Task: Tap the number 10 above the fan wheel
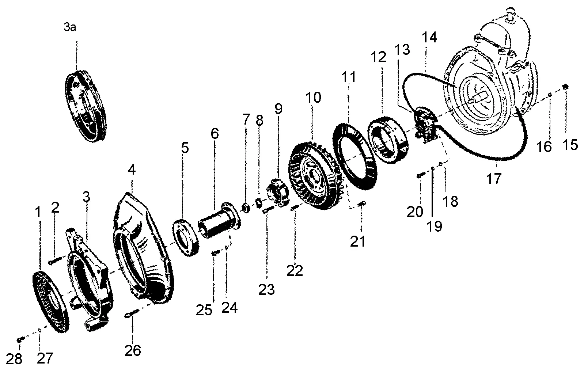tap(313, 98)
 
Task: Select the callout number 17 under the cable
tap(494, 179)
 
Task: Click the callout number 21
tap(357, 241)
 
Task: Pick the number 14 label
tap(429, 37)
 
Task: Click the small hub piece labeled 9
tap(278, 192)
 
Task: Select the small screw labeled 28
tap(20, 339)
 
